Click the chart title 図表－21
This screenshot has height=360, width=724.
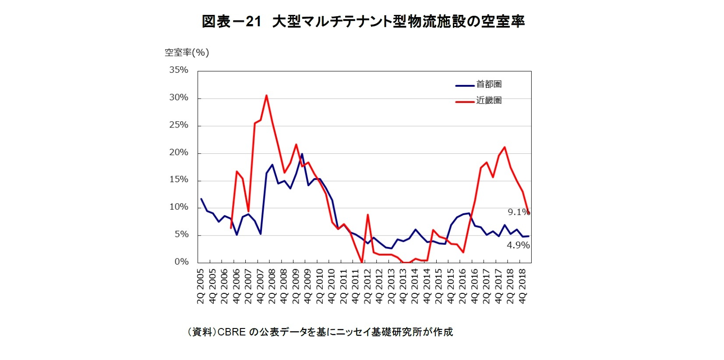coord(231,21)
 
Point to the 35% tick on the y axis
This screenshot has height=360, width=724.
coord(179,70)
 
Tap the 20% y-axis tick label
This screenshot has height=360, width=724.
coord(179,152)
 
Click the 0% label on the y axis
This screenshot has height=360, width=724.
coord(181,262)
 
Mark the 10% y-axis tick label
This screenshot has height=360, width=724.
coord(179,207)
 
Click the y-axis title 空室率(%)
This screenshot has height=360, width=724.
coord(187,53)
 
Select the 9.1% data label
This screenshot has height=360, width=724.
coord(518,212)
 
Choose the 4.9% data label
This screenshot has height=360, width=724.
coord(518,245)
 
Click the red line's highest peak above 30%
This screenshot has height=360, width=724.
coord(266,95)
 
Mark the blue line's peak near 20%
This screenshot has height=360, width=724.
coord(302,154)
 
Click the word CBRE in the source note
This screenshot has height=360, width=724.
coord(231,332)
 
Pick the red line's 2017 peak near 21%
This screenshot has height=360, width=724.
coord(505,147)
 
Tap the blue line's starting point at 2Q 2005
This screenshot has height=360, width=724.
coord(201,199)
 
